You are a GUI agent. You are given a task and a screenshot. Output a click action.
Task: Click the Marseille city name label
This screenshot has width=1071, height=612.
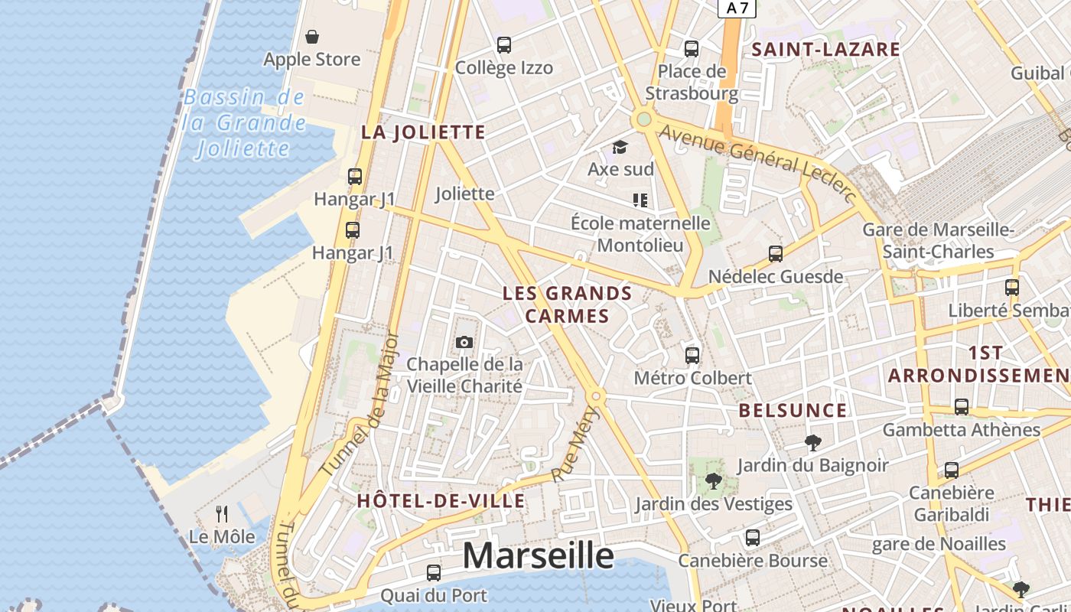(x=538, y=556)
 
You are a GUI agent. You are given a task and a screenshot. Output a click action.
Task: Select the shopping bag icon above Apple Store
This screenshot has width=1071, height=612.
(x=312, y=37)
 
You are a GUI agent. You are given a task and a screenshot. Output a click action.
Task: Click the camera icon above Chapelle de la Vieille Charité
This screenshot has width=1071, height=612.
(x=464, y=342)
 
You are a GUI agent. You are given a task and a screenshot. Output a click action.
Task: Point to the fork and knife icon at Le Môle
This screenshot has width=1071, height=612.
(x=222, y=513)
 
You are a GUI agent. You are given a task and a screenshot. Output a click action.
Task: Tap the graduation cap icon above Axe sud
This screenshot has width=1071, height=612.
(x=620, y=147)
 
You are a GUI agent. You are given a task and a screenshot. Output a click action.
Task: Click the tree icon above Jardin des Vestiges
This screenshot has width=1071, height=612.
(x=714, y=481)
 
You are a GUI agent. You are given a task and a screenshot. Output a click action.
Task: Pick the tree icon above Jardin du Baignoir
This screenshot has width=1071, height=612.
(x=812, y=442)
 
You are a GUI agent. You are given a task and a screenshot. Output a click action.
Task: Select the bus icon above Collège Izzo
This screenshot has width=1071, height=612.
(x=504, y=45)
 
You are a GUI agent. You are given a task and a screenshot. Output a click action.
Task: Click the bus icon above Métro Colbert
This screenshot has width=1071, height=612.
(x=692, y=355)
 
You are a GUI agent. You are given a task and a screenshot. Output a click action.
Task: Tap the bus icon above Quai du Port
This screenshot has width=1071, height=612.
(x=434, y=572)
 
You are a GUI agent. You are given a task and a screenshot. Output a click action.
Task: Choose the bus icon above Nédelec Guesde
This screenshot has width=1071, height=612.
(x=776, y=254)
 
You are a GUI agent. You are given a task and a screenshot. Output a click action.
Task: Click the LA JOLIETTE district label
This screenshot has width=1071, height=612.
(x=423, y=132)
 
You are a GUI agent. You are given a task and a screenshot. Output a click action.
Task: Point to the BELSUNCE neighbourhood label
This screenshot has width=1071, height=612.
(x=793, y=410)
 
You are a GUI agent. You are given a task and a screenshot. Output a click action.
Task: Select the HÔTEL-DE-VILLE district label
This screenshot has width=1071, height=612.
(x=441, y=501)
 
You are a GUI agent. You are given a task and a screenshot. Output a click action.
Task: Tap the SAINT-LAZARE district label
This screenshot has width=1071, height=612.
(x=825, y=50)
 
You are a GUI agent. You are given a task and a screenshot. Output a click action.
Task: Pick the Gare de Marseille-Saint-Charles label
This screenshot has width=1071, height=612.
(x=938, y=240)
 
